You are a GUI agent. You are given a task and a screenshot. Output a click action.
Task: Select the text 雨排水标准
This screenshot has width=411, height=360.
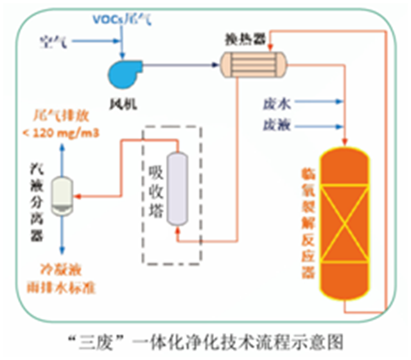click(x=63, y=287)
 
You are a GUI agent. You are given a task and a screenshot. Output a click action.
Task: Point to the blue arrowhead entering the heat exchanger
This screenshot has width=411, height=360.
click(x=216, y=64)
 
